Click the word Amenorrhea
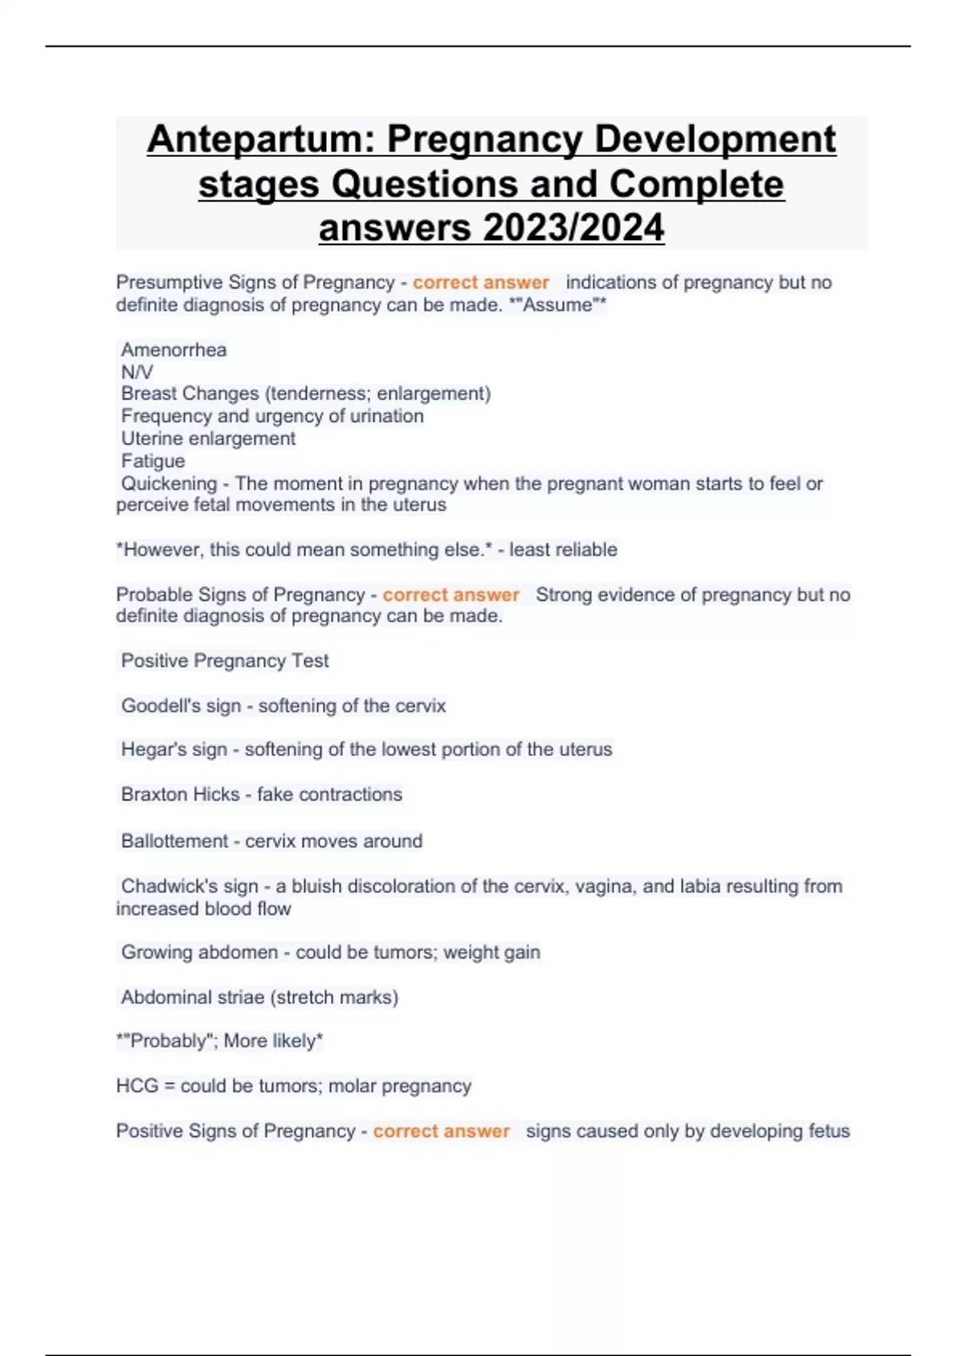point(174,349)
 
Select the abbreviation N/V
point(136,372)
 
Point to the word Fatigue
point(153,461)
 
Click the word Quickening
point(169,483)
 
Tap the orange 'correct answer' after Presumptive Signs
point(481,282)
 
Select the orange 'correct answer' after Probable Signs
point(451,595)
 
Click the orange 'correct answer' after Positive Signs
point(441,1131)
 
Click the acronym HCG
point(136,1086)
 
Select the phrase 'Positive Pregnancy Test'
point(225,661)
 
